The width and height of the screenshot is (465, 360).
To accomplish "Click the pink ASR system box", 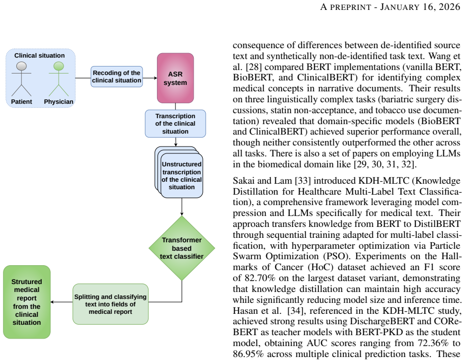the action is [175, 78].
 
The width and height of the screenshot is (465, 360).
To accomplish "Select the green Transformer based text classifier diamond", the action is [182, 248].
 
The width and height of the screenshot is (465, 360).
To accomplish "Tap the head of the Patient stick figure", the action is [21, 66].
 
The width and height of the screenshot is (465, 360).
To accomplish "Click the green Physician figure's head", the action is [59, 66].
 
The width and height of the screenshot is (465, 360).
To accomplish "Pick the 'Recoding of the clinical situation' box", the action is [117, 76].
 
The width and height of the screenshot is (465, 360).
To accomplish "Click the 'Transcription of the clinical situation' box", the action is [175, 124].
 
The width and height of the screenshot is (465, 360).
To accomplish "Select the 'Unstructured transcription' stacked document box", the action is [179, 172].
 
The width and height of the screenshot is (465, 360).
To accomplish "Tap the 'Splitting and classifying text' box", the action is [110, 304].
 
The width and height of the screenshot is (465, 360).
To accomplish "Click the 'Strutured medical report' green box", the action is [27, 302].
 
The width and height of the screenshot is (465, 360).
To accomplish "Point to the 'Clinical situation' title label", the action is [39, 56].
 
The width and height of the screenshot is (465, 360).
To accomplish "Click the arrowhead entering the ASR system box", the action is [155, 78].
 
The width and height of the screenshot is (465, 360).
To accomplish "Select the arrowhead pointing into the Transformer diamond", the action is [182, 214].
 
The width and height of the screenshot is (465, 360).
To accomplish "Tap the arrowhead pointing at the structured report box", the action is [52, 302].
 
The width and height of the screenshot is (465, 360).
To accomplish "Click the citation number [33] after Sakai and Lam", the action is [302, 180].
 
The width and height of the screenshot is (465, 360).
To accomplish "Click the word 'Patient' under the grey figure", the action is [21, 102].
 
